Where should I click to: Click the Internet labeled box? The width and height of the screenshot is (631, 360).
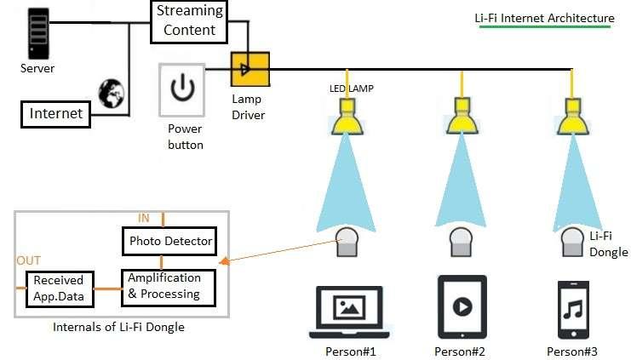click(x=56, y=113)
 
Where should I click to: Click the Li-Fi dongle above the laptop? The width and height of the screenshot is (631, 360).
click(x=347, y=243)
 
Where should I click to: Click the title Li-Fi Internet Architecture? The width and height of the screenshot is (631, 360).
click(x=544, y=18)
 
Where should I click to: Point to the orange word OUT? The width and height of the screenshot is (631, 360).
click(x=28, y=260)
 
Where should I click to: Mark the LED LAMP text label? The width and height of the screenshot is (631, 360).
click(x=352, y=89)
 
